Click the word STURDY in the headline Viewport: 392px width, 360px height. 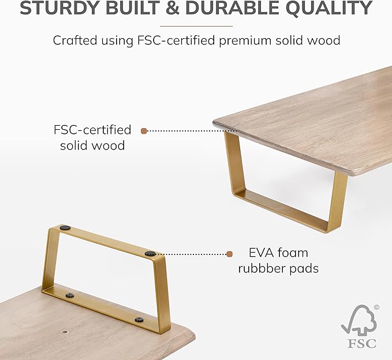click(60, 7)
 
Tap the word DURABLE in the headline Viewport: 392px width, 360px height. click(232, 7)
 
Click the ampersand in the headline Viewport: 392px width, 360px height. click(171, 7)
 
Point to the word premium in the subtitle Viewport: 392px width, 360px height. click(245, 40)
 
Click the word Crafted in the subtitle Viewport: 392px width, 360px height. click(74, 40)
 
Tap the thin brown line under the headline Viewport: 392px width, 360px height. click(196, 26)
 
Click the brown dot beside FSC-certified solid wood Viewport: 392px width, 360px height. click(144, 131)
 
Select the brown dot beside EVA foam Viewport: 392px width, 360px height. click(229, 254)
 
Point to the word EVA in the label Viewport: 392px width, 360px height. click(259, 253)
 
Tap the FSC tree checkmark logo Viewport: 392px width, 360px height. click(359, 320)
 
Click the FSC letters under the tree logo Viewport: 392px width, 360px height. click(361, 343)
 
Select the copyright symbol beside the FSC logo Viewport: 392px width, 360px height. click(376, 307)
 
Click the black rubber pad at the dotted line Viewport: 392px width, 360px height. click(150, 254)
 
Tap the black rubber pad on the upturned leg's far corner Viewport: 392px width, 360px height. click(65, 227)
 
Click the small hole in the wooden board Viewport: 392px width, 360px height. click(65, 332)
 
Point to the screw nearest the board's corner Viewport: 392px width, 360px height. click(139, 320)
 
